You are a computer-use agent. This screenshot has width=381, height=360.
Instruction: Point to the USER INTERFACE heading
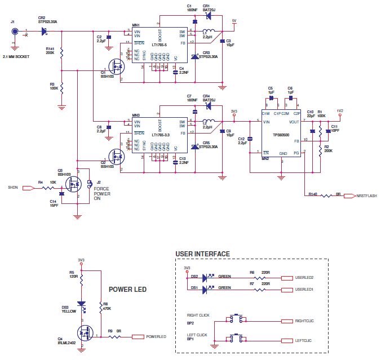pos(203,254)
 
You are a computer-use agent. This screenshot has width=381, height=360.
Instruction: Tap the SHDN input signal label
pos(13,187)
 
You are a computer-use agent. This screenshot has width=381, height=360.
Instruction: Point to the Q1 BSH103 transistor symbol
pos(117,66)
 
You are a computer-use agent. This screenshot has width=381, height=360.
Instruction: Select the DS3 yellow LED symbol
pos(82,305)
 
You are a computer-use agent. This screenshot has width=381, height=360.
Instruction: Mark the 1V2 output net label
pos(340,111)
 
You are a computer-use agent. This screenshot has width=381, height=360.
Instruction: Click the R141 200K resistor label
pos(50,51)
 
